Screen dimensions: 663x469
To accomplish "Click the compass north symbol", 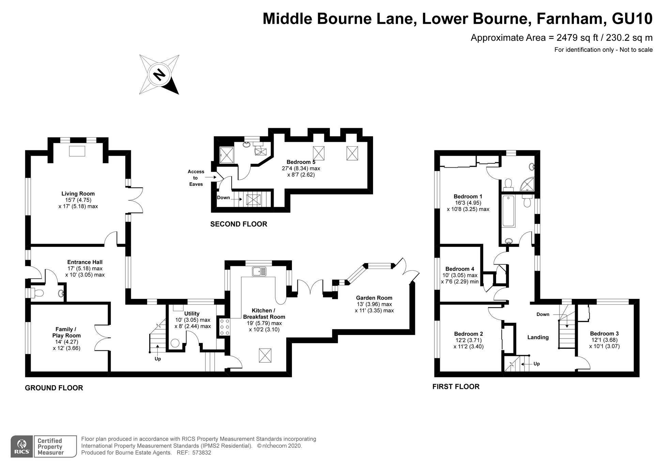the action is coord(159,74).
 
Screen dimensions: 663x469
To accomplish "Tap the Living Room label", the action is coord(78,194).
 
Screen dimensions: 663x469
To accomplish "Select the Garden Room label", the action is coord(374,298).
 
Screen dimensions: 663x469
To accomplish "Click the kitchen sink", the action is coord(260,271).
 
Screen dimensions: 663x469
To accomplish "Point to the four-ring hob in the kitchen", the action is coord(225,327).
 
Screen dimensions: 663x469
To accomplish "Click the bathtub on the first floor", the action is coord(509,211).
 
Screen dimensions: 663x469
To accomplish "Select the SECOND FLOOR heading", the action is coord(238,224).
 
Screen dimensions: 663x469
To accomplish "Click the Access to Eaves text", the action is coord(196,178).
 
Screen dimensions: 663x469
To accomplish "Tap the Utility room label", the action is coord(192,314).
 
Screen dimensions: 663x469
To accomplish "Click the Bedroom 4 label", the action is coord(460,269).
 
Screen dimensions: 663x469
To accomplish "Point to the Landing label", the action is coord(538,337).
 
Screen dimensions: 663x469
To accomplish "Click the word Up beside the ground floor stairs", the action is coord(158,359).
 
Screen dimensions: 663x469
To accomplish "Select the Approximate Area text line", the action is coord(561,37).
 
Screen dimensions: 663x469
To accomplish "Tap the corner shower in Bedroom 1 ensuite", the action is coord(527,184).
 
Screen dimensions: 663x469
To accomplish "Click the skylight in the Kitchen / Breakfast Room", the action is coord(265,355).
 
